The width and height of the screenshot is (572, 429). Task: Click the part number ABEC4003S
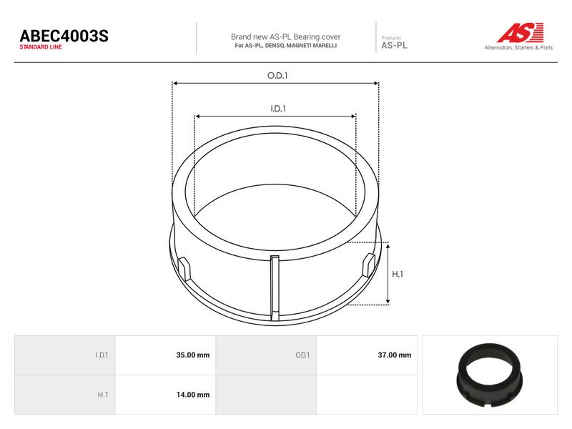click(64, 36)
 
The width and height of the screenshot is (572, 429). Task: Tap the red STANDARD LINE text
click(41, 47)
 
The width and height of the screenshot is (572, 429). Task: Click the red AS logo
click(521, 32)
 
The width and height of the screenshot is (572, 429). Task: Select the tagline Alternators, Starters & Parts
click(518, 47)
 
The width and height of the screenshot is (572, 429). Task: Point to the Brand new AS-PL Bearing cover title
click(285, 37)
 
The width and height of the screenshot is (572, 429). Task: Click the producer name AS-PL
click(394, 46)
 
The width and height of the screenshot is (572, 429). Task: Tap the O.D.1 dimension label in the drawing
click(277, 76)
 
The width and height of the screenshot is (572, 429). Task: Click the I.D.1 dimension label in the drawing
click(278, 109)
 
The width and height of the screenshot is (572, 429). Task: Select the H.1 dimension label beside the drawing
click(398, 274)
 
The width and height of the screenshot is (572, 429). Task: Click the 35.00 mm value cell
click(166, 355)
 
